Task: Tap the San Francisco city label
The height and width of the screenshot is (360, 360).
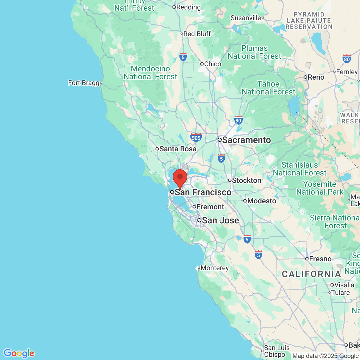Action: click(203, 192)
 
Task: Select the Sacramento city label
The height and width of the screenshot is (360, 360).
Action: click(246, 140)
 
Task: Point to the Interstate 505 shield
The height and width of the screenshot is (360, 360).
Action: click(196, 137)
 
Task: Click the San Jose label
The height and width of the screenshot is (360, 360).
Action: click(220, 220)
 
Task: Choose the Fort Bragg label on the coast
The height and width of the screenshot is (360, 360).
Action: click(84, 83)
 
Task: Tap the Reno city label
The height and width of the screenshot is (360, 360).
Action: click(316, 77)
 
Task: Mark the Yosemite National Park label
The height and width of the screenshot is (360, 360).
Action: click(320, 188)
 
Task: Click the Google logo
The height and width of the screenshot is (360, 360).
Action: click(19, 353)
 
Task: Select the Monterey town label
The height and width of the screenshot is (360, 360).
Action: click(214, 268)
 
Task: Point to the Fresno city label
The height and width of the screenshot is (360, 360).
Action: click(320, 259)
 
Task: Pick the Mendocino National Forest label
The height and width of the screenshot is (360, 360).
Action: click(150, 73)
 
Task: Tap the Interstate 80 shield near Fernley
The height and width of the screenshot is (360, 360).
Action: click(347, 59)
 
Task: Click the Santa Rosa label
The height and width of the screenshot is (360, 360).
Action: click(178, 149)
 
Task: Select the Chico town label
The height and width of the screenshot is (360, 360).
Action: click(213, 64)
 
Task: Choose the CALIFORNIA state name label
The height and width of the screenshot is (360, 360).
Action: click(311, 274)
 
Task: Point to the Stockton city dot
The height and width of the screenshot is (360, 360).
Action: click(230, 180)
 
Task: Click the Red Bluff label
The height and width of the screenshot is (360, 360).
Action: click(197, 34)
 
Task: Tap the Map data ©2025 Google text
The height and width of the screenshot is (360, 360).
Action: click(325, 356)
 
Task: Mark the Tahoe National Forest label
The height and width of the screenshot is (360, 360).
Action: click(269, 88)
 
